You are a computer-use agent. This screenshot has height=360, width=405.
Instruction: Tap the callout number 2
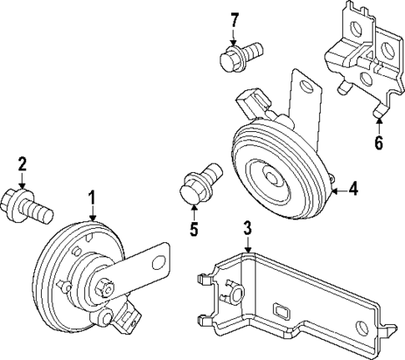point(23,162)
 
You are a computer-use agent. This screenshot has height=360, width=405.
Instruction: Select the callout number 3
point(247,227)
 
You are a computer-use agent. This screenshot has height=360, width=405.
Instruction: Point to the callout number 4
point(353,190)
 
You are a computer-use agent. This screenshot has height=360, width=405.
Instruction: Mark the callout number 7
point(235,19)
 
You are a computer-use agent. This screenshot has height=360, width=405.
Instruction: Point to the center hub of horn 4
point(273,177)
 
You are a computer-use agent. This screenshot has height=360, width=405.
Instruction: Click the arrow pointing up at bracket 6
point(378,119)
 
